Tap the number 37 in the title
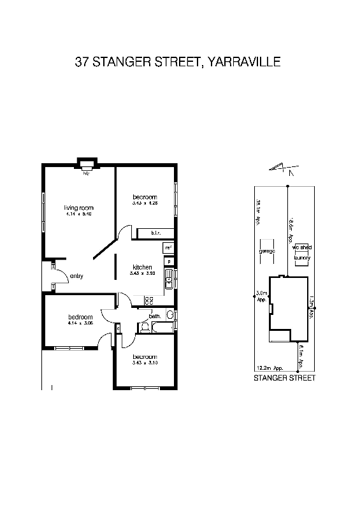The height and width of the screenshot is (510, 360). (x=82, y=62)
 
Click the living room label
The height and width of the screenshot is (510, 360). (x=79, y=208)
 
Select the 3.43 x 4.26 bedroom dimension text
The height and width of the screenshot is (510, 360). (x=145, y=203)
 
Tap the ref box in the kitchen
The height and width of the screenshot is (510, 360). (x=168, y=247)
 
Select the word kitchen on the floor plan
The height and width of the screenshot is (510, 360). (x=142, y=266)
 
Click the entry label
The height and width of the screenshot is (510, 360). (x=77, y=275)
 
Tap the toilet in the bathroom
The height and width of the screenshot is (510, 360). (x=146, y=326)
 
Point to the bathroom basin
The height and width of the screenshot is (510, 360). (x=169, y=315)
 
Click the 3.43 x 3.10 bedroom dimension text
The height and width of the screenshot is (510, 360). (x=145, y=363)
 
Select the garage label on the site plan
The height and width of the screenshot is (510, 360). (x=266, y=251)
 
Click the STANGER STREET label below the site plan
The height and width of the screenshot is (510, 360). (x=284, y=377)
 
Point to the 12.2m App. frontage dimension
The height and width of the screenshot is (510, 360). (x=266, y=368)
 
